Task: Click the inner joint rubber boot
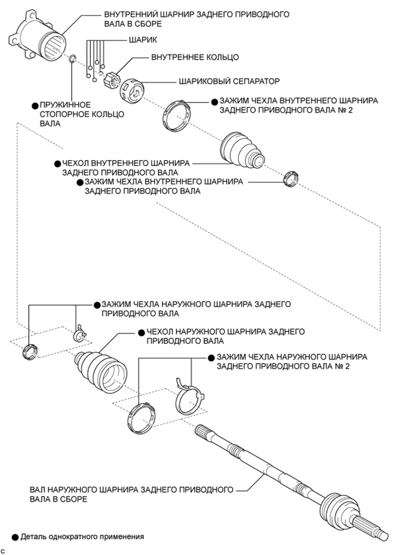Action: [242, 149]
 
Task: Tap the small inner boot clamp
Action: [290, 178]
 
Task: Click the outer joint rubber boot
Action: [102, 368]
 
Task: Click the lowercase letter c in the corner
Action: [3, 550]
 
